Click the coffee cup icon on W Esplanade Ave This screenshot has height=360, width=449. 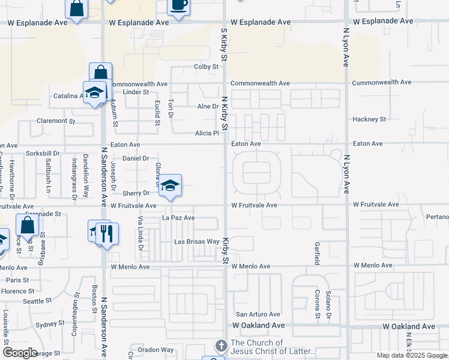pyautogui.click(x=178, y=5)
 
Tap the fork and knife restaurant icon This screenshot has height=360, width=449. pyautogui.click(x=107, y=233)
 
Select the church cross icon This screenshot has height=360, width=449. pyautogui.click(x=220, y=346)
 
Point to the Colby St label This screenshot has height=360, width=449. pyautogui.click(x=205, y=67)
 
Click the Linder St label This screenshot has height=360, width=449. pyautogui.click(x=136, y=92)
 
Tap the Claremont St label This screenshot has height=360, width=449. pyautogui.click(x=55, y=121)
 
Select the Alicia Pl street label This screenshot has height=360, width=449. pyautogui.click(x=206, y=134)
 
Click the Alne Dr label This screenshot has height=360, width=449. pyautogui.click(x=208, y=106)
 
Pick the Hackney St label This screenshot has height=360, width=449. pyautogui.click(x=369, y=119)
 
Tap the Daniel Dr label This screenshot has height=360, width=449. pyautogui.click(x=136, y=158)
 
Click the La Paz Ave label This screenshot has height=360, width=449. pyautogui.click(x=179, y=218)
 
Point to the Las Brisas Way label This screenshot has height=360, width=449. pyautogui.click(x=196, y=242)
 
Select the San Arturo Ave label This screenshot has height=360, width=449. pyautogui.click(x=258, y=314)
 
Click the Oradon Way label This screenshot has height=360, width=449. pyautogui.click(x=155, y=350)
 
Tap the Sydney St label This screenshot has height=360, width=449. pyautogui.click(x=50, y=325)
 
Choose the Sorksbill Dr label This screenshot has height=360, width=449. pyautogui.click(x=43, y=154)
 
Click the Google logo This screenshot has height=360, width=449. pyautogui.click(x=20, y=353)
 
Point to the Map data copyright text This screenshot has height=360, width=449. pyautogui.click(x=412, y=355)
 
